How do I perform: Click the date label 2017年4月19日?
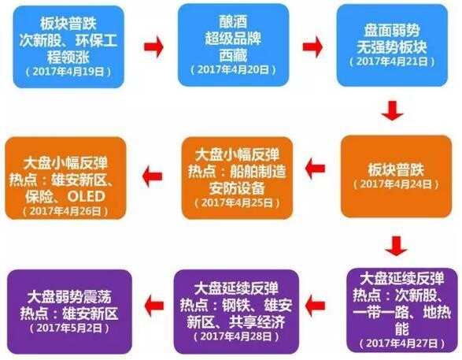68,72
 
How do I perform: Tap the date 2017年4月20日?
233,69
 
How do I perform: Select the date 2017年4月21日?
392,61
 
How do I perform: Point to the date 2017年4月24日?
396,184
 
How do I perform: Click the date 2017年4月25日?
237,203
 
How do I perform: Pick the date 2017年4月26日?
65,211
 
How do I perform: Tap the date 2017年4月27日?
402,343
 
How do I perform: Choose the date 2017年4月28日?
236,336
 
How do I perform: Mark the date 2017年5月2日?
69,328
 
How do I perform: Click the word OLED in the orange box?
87,196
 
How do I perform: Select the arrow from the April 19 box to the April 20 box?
153,46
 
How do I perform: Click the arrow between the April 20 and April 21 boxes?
312,46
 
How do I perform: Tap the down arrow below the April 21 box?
393,110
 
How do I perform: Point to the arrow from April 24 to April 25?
315,169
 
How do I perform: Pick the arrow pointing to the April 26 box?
152,176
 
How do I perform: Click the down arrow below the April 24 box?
396,246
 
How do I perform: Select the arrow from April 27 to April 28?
315,306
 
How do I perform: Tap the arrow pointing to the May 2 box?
153,306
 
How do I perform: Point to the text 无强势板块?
392,46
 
